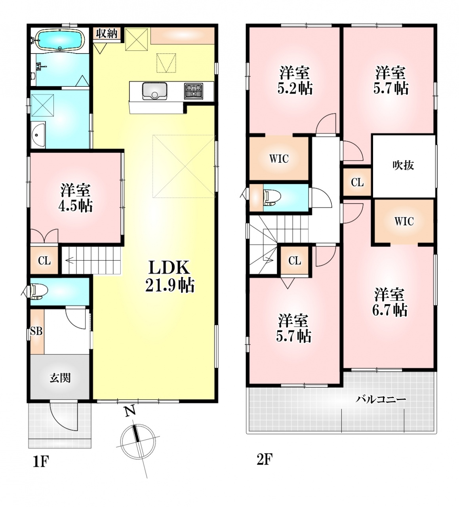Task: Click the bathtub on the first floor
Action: [60, 40]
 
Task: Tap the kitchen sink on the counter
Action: [154, 91]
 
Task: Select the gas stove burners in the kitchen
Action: [194, 91]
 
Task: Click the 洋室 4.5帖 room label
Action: [76, 198]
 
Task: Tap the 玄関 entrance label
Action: [60, 379]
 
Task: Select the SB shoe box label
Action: [36, 331]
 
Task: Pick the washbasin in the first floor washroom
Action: [38, 135]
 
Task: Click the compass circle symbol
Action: [137, 440]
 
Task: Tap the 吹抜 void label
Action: [403, 166]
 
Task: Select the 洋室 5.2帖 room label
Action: [295, 80]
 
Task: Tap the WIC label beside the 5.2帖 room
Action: [279, 159]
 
